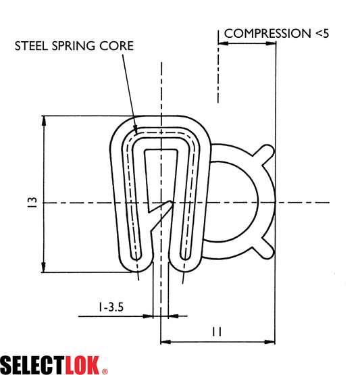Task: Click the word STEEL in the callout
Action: click(x=34, y=47)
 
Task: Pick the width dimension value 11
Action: click(x=217, y=331)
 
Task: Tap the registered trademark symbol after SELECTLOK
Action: click(x=104, y=370)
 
